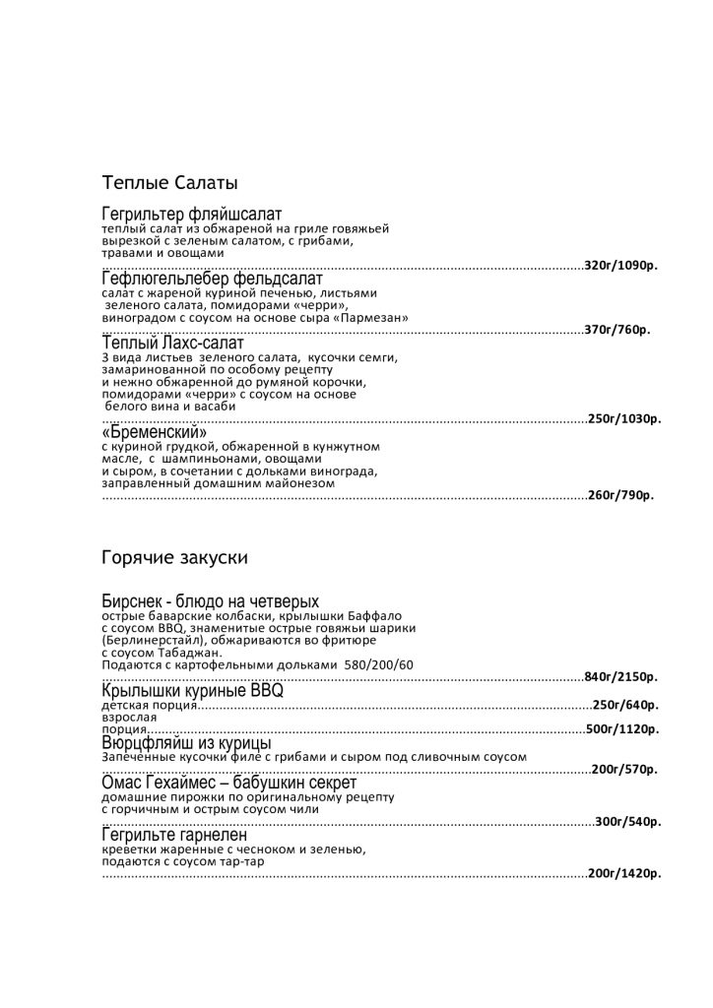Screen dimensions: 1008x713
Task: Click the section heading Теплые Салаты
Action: [x=169, y=183]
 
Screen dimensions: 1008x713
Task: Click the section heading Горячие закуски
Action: [x=174, y=558]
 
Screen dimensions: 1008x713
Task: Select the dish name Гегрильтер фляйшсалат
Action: [x=192, y=214]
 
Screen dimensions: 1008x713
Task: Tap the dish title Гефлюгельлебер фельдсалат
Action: [x=212, y=279]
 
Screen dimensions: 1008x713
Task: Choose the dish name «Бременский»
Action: [x=155, y=432]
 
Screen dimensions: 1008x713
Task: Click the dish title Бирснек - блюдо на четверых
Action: [x=210, y=601]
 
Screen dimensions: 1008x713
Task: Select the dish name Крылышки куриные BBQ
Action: [x=192, y=691]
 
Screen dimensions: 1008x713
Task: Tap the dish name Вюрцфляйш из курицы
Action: [x=186, y=743]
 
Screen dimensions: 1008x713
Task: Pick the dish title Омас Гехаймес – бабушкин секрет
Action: [x=222, y=782]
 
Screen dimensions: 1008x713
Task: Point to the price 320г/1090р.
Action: [x=621, y=266]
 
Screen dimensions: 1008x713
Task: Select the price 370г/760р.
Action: [x=617, y=330]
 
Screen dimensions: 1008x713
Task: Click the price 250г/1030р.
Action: [x=624, y=419]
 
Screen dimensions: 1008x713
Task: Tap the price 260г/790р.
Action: [x=620, y=495]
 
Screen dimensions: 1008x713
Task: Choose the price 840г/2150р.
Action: [x=621, y=677]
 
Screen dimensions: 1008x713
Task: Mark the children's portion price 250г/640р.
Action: [x=624, y=705]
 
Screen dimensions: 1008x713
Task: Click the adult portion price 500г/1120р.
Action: [x=622, y=729]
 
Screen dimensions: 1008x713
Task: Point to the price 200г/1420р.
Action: [x=624, y=873]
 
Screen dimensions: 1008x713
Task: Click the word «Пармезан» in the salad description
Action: [x=369, y=318]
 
